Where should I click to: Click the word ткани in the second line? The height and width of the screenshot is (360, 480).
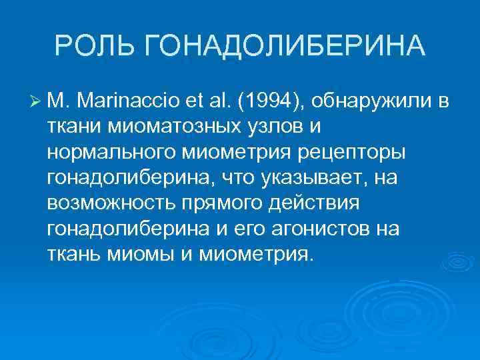(71, 127)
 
